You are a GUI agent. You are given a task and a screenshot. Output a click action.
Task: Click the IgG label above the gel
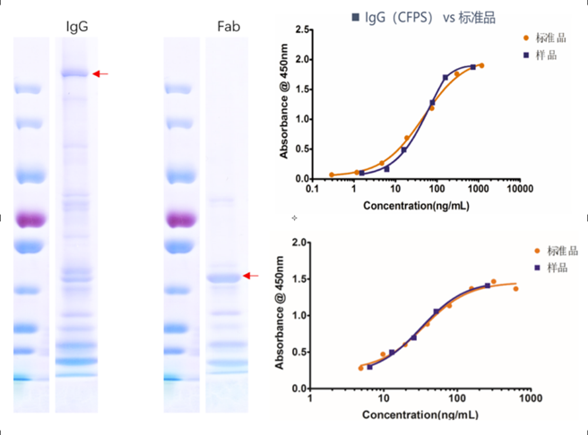tap(78, 26)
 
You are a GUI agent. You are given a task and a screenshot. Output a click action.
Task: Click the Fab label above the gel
tap(229, 26)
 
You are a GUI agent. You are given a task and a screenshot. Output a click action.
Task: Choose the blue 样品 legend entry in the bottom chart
tap(553, 267)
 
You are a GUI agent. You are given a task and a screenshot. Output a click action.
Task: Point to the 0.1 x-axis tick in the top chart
tap(312, 190)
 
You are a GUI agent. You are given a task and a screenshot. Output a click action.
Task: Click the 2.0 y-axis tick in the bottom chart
tap(300, 243)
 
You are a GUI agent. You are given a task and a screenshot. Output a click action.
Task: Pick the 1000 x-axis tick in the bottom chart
tap(531, 397)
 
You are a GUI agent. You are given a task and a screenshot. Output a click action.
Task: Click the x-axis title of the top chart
tap(415, 205)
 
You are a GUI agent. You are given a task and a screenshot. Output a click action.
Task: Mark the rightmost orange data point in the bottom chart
tap(515, 288)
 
